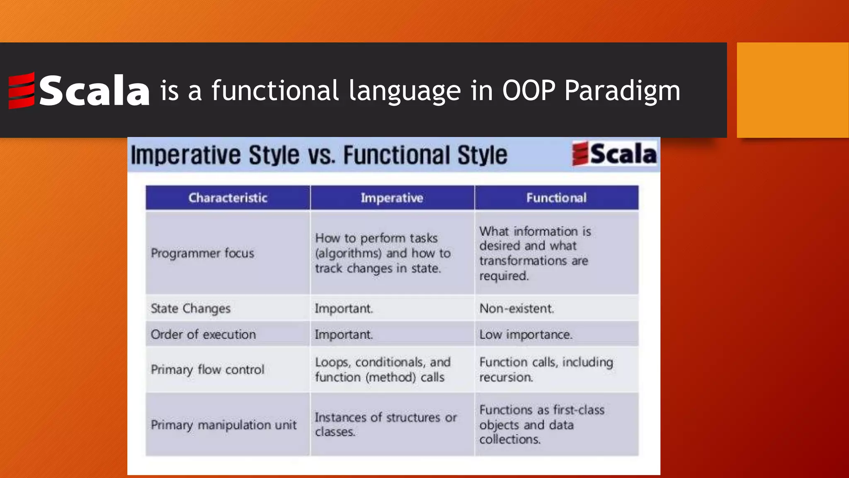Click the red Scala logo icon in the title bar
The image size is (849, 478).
(22, 90)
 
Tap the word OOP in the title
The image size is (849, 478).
(529, 90)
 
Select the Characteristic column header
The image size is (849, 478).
(228, 198)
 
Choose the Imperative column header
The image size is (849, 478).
(392, 198)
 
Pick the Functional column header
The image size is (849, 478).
(556, 198)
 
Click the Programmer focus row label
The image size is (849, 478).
(202, 253)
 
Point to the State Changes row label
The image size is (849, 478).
(191, 308)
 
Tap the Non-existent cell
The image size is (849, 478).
(517, 308)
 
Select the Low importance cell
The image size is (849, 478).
(526, 334)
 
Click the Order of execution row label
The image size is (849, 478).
(203, 334)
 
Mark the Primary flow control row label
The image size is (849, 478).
(207, 369)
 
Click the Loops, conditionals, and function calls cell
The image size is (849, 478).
(382, 369)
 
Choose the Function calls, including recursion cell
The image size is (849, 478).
(546, 369)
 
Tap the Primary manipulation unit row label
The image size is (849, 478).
(223, 425)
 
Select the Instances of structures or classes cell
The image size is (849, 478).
(386, 424)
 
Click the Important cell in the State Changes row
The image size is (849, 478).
(344, 308)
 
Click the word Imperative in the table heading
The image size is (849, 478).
(187, 155)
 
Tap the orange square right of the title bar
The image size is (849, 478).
(793, 90)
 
